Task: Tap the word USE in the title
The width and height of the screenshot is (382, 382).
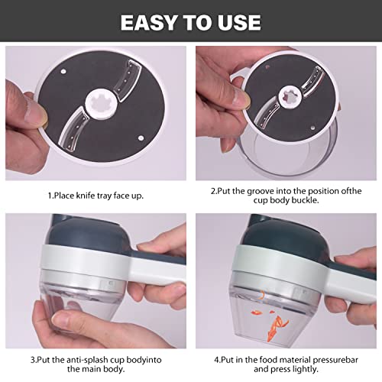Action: click(238, 22)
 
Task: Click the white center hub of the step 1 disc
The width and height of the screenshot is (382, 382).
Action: click(101, 104)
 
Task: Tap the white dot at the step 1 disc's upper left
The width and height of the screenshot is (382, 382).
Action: click(63, 71)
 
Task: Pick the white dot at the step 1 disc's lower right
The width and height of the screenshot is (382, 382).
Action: click(141, 138)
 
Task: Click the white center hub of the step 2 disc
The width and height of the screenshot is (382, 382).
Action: click(290, 97)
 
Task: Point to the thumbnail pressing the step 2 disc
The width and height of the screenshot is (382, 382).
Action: click(240, 98)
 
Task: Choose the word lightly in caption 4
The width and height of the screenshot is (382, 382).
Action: click(306, 369)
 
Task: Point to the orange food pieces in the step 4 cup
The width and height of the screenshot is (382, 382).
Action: click(272, 321)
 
